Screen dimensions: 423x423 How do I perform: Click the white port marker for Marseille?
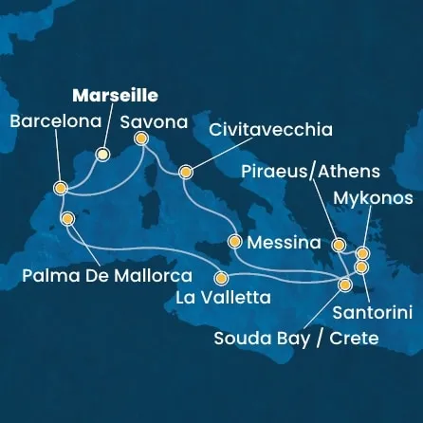(x=103, y=154)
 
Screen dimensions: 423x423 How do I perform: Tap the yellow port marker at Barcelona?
(x=60, y=189)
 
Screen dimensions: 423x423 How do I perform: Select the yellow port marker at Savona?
(x=141, y=138)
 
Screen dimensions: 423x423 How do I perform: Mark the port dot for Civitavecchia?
(x=185, y=173)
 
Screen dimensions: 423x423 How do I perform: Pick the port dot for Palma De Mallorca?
(x=66, y=217)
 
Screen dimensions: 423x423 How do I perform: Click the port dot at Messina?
(x=234, y=242)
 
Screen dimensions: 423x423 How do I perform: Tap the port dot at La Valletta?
(x=221, y=279)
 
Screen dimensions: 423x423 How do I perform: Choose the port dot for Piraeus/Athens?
(x=339, y=246)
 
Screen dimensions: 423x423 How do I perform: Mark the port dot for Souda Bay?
(x=346, y=281)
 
